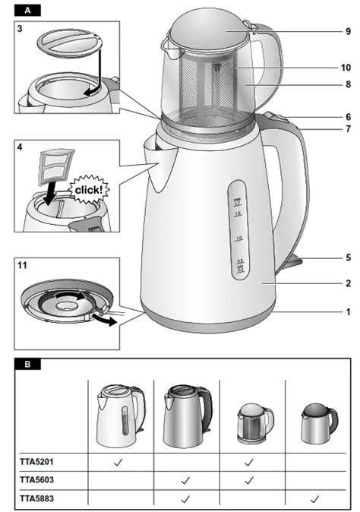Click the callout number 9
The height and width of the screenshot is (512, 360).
tap(347, 32)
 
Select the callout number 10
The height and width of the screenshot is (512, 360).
tap(346, 68)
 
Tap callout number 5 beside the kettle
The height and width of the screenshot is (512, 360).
tap(347, 258)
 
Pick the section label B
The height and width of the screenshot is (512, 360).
tap(28, 364)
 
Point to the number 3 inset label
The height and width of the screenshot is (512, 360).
tap(21, 28)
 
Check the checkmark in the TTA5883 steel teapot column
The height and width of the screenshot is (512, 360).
tap(314, 499)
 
